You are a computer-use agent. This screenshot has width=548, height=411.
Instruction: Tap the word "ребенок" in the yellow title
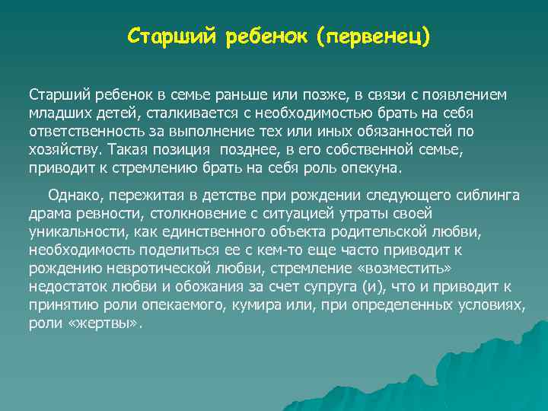(x=259, y=37)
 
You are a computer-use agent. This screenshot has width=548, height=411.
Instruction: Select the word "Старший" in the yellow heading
(x=172, y=37)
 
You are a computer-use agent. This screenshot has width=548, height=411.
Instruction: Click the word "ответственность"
(x=84, y=131)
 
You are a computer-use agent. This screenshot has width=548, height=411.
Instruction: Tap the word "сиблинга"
(x=489, y=196)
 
